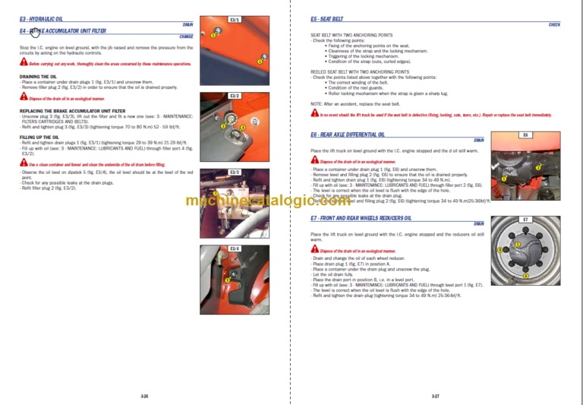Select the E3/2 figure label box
click(235, 96)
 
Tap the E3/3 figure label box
click(235, 172)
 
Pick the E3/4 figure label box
click(235, 248)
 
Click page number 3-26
click(144, 395)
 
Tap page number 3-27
click(435, 395)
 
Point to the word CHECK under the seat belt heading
click(554, 25)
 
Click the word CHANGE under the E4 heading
click(186, 36)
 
